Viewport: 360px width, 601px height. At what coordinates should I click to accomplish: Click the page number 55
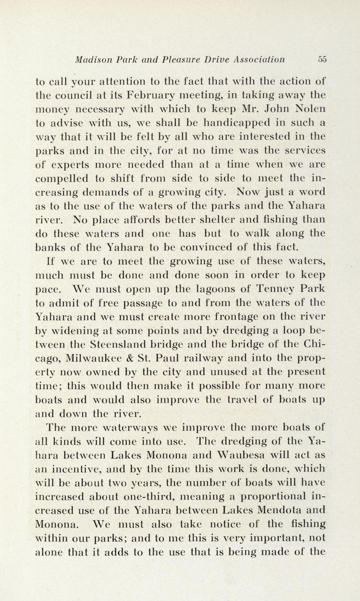(322, 59)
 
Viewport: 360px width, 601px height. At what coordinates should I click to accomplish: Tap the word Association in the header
(259, 59)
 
